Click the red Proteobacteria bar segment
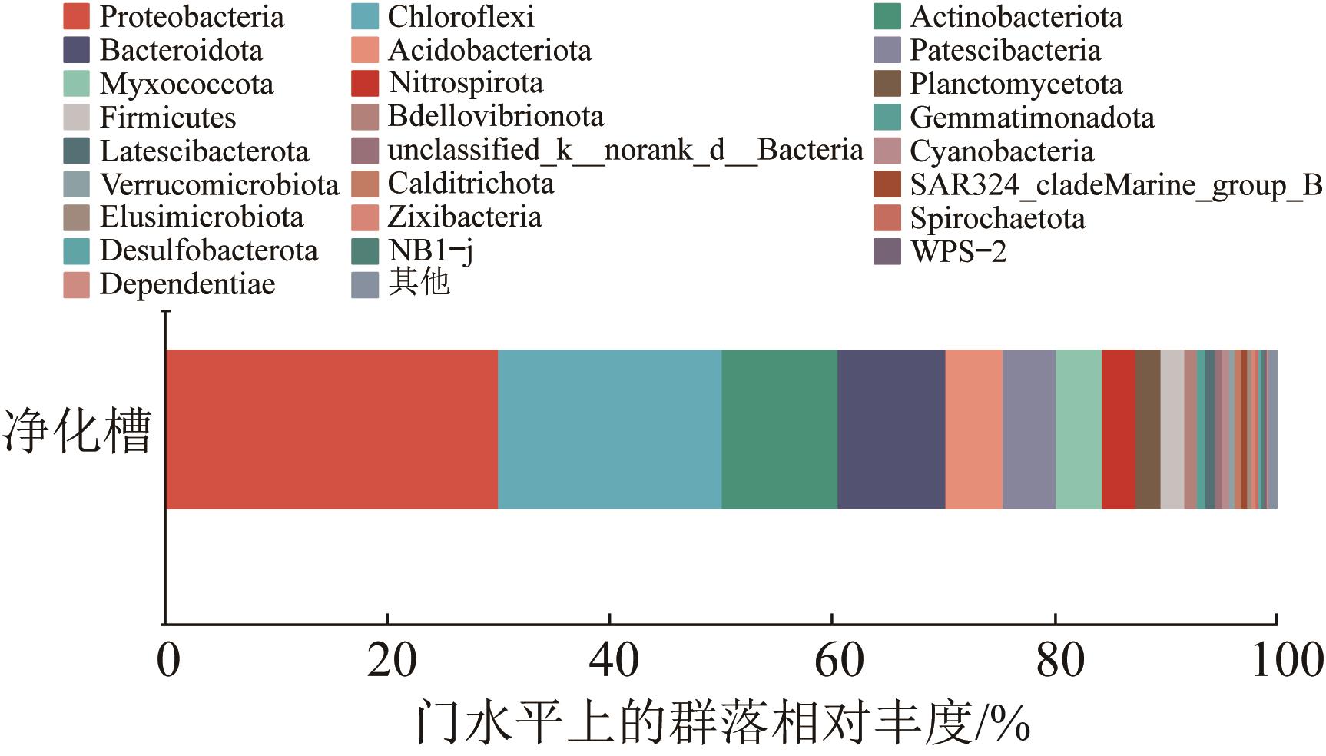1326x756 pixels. [331, 429]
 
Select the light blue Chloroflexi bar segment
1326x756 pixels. [609, 429]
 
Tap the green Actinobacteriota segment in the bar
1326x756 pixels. [779, 429]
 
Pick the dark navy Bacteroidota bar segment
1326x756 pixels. [890, 429]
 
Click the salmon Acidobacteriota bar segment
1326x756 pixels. [973, 429]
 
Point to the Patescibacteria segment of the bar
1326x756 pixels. [1029, 429]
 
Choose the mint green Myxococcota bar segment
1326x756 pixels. [1079, 429]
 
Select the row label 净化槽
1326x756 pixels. [77, 430]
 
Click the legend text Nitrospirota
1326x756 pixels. [465, 83]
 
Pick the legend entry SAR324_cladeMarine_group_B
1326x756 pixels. [1115, 185]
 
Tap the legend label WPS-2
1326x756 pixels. [958, 252]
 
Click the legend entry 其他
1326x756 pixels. [419, 283]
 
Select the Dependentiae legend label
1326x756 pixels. [187, 285]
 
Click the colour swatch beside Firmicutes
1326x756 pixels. [76, 118]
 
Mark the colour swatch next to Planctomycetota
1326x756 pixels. [887, 84]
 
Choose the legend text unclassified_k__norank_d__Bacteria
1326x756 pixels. [625, 150]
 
